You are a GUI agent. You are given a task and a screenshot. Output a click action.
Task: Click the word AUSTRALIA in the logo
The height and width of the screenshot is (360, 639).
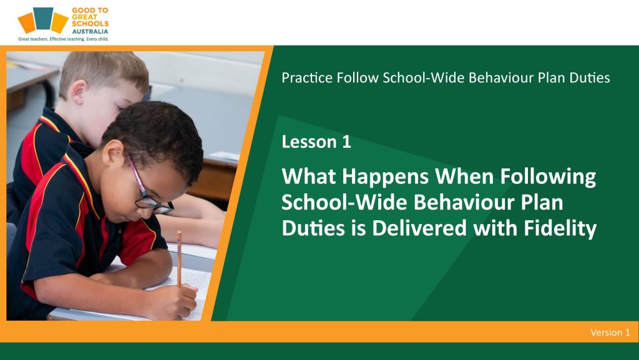coord(90,31)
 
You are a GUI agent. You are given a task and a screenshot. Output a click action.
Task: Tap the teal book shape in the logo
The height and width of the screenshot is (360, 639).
coord(43,18)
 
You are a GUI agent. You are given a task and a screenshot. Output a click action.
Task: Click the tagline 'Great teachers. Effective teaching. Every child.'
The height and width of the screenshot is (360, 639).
coord(63,39)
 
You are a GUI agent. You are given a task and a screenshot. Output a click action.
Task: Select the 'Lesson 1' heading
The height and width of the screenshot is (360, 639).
coord(316,142)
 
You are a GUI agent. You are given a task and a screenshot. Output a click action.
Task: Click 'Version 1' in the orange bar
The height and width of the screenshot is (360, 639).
coord(610,333)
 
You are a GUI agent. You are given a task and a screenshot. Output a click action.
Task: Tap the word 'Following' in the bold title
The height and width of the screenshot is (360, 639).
coord(548,177)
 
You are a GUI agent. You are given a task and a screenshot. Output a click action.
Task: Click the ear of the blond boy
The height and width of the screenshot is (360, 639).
coord(78,92)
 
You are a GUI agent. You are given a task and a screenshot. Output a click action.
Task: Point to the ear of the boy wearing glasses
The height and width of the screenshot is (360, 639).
coord(113,153)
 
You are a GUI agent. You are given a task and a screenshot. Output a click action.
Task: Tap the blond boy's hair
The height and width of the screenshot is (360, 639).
coord(104,73)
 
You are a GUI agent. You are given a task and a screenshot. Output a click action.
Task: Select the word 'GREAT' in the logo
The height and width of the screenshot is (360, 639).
coord(85,17)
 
